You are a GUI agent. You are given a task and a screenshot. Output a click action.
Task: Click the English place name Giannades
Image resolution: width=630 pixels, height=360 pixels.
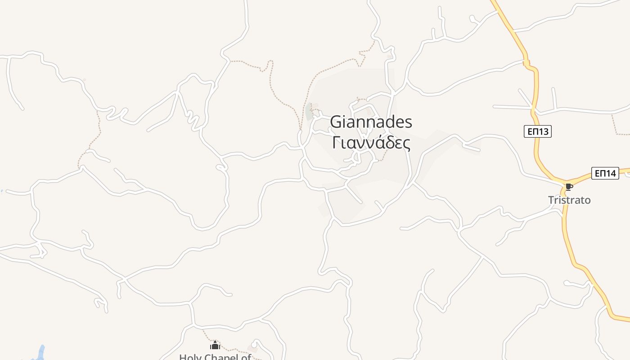[x=371, y=122]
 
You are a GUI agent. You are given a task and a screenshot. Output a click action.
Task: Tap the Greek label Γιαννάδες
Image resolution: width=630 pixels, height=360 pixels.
[x=371, y=143]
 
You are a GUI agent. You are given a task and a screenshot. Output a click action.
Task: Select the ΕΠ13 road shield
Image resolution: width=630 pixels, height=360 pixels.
[x=538, y=131]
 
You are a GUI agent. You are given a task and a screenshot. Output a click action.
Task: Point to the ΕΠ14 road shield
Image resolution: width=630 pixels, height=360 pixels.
[x=605, y=173]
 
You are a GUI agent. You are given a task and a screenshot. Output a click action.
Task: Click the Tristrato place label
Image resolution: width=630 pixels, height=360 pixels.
[x=569, y=200]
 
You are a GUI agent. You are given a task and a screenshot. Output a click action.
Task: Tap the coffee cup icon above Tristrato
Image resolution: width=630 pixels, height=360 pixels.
[x=569, y=187]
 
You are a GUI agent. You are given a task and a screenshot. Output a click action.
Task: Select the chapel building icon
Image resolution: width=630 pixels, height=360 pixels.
[x=215, y=345]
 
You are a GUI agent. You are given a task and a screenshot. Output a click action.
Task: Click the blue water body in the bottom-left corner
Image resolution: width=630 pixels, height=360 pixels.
[x=40, y=353]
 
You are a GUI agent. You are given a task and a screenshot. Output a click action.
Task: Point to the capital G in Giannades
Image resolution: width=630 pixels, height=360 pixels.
[x=336, y=122]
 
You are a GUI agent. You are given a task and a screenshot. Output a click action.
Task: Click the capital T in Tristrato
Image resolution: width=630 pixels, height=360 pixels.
[x=551, y=200]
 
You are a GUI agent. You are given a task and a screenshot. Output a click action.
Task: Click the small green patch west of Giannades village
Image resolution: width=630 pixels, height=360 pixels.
[x=309, y=112]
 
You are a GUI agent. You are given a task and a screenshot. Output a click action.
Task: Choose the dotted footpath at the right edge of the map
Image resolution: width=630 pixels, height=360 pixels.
[x=619, y=130]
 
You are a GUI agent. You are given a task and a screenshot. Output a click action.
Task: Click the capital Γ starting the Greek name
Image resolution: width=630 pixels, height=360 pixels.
[x=335, y=143]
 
